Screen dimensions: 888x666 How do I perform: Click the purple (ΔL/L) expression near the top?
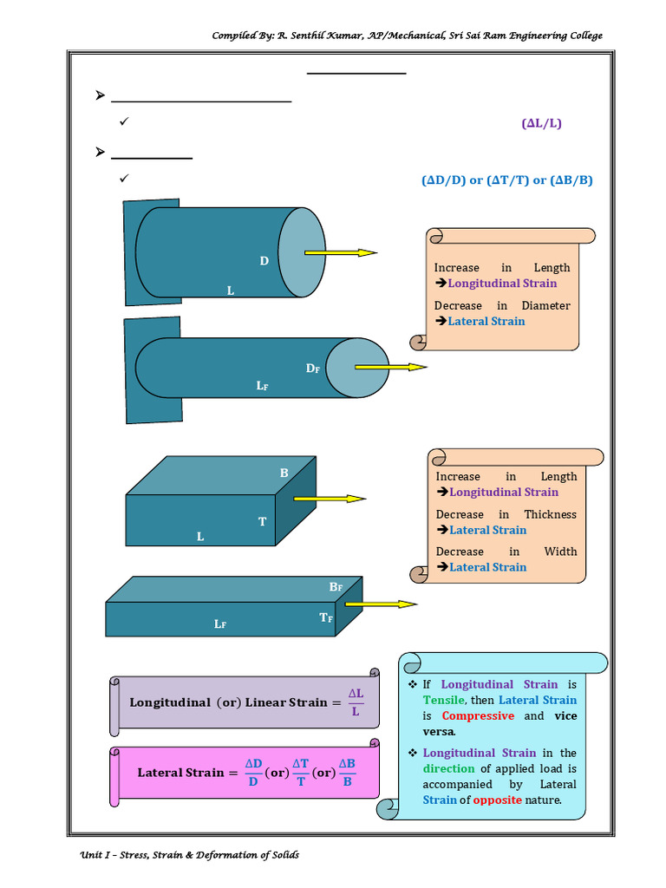tap(541, 123)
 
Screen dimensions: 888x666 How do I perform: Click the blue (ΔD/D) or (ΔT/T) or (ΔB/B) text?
tap(507, 180)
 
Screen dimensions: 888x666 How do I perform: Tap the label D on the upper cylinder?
tap(264, 261)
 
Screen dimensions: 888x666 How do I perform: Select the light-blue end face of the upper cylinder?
tap(302, 252)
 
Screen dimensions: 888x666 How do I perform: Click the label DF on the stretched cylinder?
tap(313, 369)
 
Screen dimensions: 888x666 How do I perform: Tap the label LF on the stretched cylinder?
tap(262, 385)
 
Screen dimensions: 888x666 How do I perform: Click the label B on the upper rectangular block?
tap(284, 473)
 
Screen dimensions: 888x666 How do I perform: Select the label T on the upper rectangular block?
tap(262, 521)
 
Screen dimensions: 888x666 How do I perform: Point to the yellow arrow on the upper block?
tap(330, 499)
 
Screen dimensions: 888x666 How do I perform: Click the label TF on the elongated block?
tap(326, 617)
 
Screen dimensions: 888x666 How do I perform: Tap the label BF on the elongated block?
tap(336, 587)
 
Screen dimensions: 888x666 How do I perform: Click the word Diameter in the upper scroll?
tap(545, 305)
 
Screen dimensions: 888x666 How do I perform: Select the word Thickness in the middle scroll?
tap(550, 514)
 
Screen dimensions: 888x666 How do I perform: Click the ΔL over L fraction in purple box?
tap(356, 702)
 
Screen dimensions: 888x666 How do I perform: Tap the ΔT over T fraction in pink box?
tap(300, 772)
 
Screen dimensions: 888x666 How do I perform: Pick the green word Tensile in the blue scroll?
tap(444, 700)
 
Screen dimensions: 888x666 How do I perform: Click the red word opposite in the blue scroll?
tap(497, 800)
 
